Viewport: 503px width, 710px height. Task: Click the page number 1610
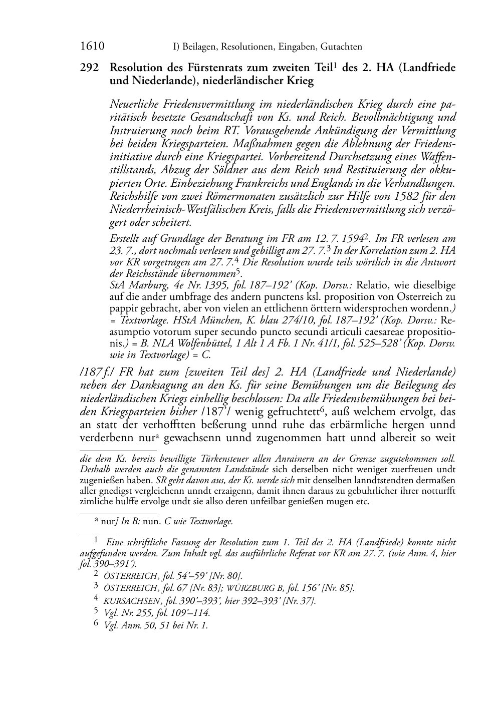click(x=92, y=47)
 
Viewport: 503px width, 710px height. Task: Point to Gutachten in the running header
click(x=340, y=47)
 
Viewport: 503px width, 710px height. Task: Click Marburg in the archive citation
click(x=142, y=285)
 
